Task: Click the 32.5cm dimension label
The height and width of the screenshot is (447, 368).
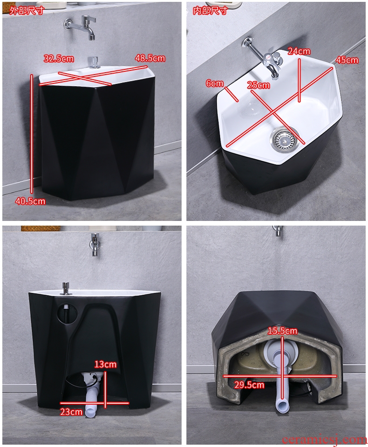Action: pos(59,59)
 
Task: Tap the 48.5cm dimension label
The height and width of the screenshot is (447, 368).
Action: pos(150,58)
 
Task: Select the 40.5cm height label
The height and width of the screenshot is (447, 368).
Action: pos(30,201)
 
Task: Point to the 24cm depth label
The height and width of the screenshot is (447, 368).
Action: pos(299,51)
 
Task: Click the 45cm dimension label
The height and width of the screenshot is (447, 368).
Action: pos(347,60)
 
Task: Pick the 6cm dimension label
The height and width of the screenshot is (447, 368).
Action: pos(215,83)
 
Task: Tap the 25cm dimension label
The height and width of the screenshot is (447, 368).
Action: pos(259,85)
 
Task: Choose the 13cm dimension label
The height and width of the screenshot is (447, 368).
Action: pos(105,364)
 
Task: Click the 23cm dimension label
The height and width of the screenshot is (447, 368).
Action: pos(71,412)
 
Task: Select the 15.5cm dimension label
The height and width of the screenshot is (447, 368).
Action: pos(282,330)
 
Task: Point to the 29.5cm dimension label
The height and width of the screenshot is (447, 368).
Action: pos(249,385)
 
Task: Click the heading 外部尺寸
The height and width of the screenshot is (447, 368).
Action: pos(27,11)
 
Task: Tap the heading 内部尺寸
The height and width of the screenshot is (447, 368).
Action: pos(210,11)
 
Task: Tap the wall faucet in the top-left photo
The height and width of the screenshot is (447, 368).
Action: pos(81,27)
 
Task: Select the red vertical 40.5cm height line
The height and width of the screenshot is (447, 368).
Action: pos(32,134)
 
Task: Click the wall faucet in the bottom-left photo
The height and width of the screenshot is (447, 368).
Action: pos(95,244)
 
